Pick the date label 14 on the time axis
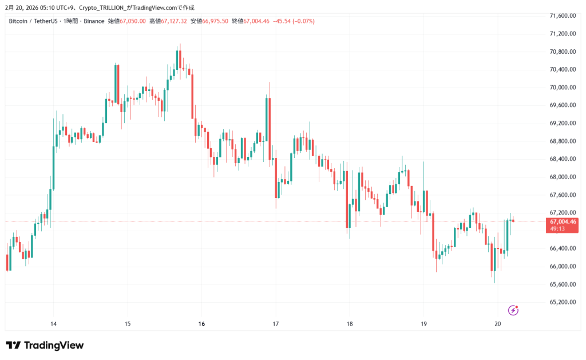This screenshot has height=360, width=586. [53, 324]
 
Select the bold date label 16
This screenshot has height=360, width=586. [201, 324]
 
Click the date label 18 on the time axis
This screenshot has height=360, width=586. [350, 324]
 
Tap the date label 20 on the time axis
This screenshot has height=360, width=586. [498, 324]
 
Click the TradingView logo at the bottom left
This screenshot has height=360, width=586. [45, 345]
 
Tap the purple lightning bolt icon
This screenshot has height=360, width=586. [513, 310]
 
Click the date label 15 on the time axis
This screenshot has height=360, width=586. [127, 324]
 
